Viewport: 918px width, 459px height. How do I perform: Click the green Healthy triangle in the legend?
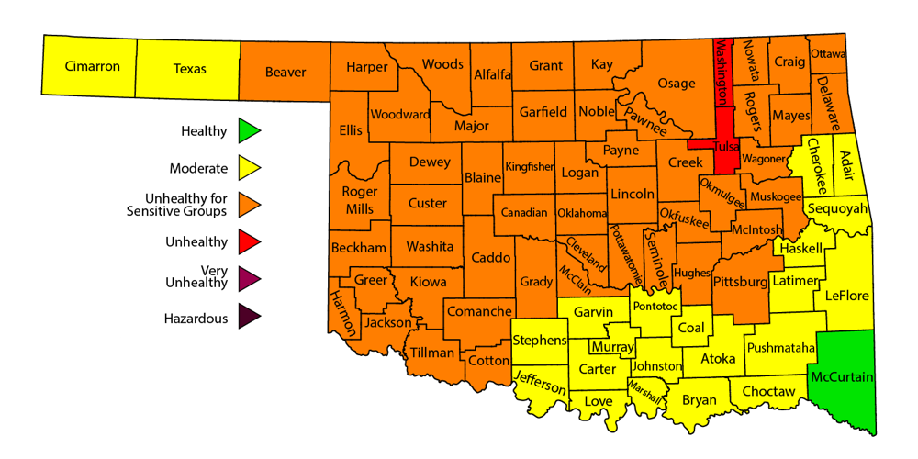pos(248,131)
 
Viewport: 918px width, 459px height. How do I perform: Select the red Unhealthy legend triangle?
pos(248,242)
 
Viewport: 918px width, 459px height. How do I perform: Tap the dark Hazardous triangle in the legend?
pos(248,318)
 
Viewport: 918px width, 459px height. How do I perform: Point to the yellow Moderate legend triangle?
pos(248,168)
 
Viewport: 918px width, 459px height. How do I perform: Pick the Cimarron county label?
pos(92,67)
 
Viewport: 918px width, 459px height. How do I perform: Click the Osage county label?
pos(677,84)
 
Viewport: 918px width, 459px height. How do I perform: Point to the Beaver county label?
pos(285,72)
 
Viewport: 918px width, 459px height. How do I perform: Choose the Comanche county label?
pos(479,311)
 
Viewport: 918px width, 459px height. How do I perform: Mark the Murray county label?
pos(611,348)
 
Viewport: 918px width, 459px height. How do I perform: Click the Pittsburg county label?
pos(739,281)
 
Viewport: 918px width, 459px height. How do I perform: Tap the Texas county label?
pos(190,69)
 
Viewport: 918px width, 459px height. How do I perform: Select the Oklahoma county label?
pos(582,213)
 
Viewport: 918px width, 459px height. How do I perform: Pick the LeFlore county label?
pos(847,296)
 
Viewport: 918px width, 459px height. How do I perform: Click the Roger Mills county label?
pos(359,200)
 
